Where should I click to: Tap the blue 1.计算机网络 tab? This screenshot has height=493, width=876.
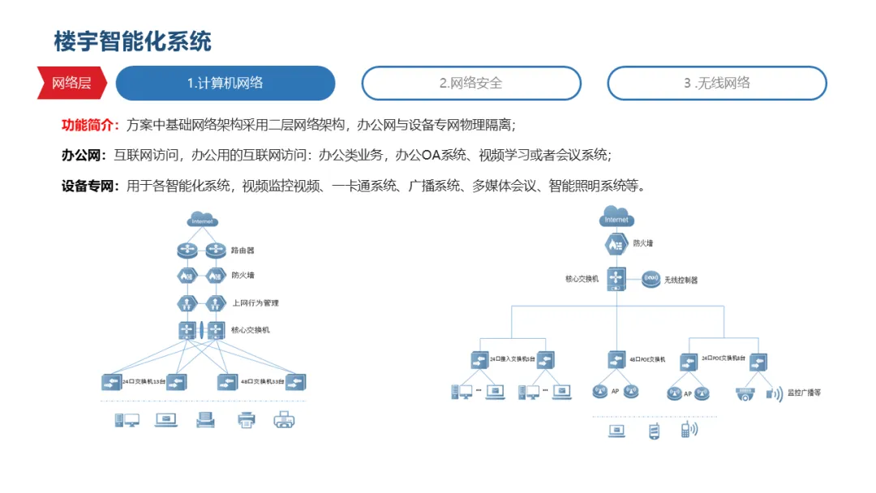click(225, 83)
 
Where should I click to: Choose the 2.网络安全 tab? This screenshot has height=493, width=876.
click(471, 83)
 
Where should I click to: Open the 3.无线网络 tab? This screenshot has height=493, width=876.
click(717, 83)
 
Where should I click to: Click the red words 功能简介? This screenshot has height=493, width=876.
click(89, 125)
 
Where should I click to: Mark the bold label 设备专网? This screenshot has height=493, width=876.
click(89, 186)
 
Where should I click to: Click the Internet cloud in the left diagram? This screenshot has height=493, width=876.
click(202, 220)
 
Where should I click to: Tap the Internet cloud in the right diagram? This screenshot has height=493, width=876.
click(616, 218)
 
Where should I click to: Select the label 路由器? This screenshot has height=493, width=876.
click(243, 251)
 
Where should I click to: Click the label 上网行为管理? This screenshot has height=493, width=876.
click(255, 302)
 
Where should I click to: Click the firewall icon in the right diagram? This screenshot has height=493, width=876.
click(616, 243)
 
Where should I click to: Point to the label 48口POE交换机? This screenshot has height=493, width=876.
click(647, 358)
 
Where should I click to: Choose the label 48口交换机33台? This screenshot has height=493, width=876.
click(262, 381)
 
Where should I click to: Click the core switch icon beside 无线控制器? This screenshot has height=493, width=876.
click(616, 279)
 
